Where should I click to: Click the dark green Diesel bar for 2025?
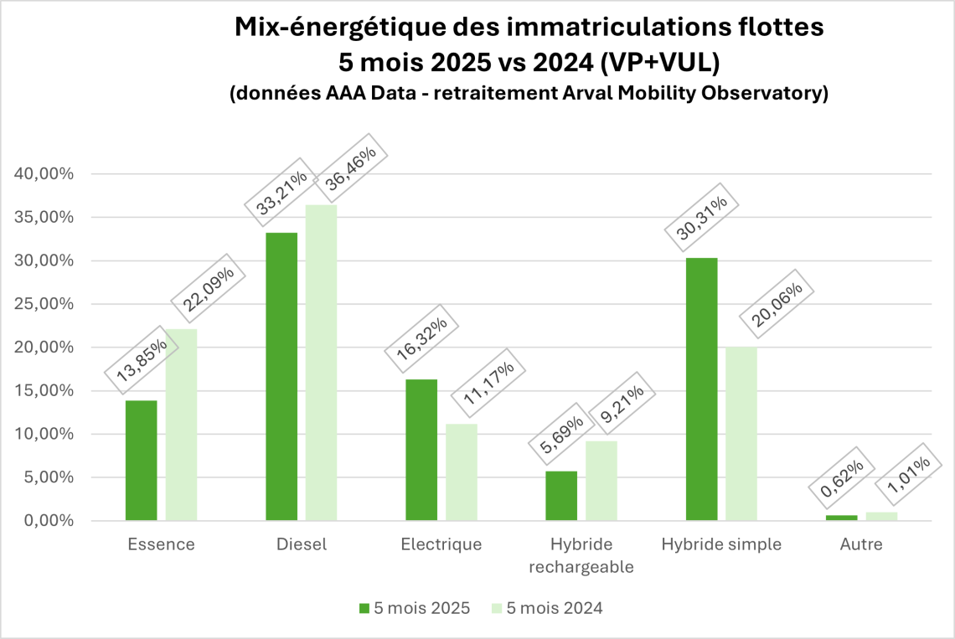tap(281, 377)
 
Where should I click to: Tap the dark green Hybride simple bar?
tap(701, 389)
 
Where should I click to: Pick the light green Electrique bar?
tap(461, 472)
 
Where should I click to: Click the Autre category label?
tap(861, 544)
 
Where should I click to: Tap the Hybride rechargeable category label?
tap(581, 555)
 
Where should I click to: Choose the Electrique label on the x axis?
tap(441, 544)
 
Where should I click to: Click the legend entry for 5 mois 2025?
tap(414, 608)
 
